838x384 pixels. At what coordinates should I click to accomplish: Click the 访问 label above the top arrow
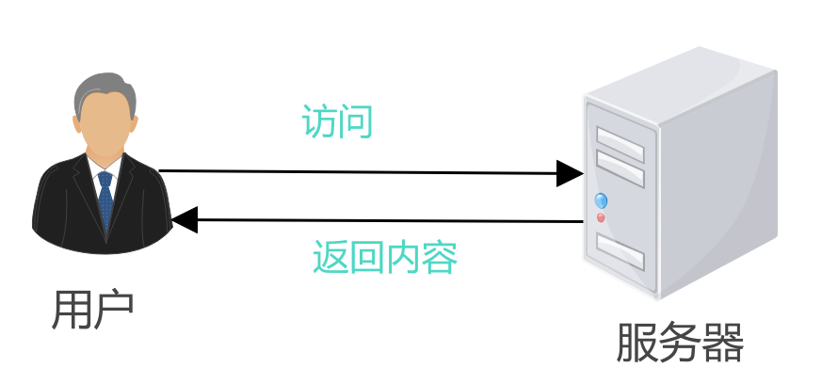click(x=337, y=121)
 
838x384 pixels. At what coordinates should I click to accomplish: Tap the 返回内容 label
click(x=385, y=257)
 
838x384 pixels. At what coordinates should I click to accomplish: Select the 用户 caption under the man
click(x=92, y=310)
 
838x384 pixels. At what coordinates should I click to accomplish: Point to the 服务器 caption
click(x=680, y=343)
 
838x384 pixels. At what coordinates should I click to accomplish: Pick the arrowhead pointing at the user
click(x=185, y=219)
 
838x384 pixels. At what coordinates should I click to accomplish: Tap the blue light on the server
click(x=601, y=200)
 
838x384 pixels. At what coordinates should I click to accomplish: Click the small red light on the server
click(x=601, y=218)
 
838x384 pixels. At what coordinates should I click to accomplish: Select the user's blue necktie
click(x=105, y=200)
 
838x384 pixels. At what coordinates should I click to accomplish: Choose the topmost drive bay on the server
click(x=620, y=144)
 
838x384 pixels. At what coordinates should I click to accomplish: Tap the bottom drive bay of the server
click(x=620, y=251)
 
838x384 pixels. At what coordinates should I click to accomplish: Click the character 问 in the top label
click(x=355, y=121)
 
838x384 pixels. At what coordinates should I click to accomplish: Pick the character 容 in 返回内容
click(x=440, y=258)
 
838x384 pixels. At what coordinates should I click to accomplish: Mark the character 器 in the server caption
click(x=723, y=343)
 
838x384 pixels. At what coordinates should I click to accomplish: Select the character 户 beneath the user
click(x=114, y=310)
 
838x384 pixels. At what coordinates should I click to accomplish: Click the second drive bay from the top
click(x=620, y=168)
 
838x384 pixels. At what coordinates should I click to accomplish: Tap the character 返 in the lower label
click(x=330, y=258)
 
